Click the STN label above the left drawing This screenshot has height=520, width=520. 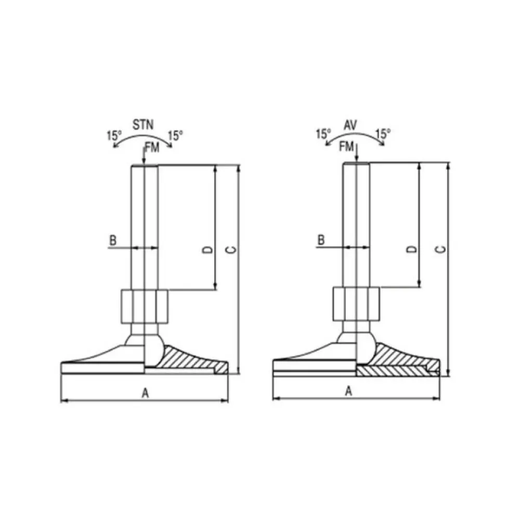pyautogui.click(x=144, y=125)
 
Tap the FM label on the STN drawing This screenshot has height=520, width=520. pyautogui.click(x=152, y=149)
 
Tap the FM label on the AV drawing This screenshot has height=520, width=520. pyautogui.click(x=347, y=146)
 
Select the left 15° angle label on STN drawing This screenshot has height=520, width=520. pyautogui.click(x=114, y=136)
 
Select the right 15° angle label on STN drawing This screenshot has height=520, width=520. pyautogui.click(x=176, y=136)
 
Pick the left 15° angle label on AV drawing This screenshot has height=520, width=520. pyautogui.click(x=323, y=134)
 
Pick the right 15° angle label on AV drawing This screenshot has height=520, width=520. pyautogui.click(x=383, y=134)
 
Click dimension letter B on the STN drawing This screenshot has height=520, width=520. pyautogui.click(x=112, y=240)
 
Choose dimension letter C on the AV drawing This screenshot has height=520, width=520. pyautogui.click(x=440, y=249)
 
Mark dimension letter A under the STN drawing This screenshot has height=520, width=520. pyautogui.click(x=146, y=394)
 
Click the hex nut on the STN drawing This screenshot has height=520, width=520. pyautogui.click(x=145, y=307)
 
